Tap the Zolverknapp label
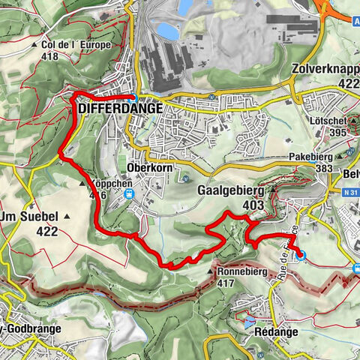coord(323,67)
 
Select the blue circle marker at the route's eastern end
coord(301,256)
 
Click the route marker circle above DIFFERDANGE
coord(133,97)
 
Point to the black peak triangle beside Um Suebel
coord(67,217)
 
